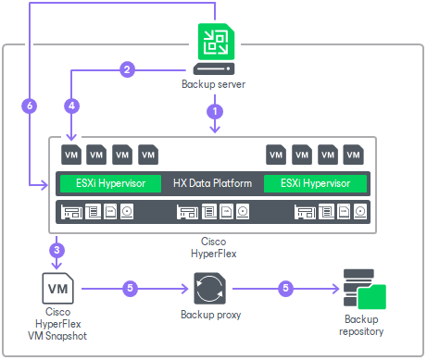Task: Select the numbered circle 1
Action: coord(215,110)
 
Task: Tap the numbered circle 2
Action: coord(128,68)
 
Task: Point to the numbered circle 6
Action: coord(30,106)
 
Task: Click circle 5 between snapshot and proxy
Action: coord(130,288)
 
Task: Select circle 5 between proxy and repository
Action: coord(285,288)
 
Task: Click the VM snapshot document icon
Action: coord(56,288)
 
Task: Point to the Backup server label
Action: coord(215,85)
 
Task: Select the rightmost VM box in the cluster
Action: coord(353,153)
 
